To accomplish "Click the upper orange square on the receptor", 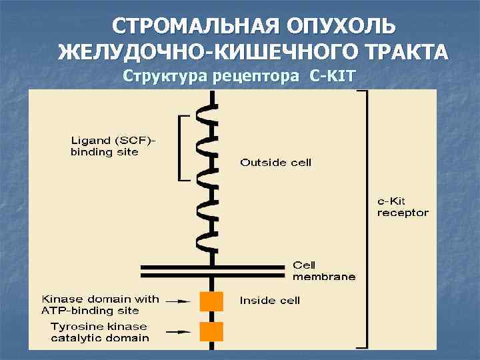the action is pyautogui.click(x=211, y=301).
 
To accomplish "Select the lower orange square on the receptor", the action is pyautogui.click(x=211, y=331).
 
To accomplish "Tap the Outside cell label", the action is pyautogui.click(x=275, y=162).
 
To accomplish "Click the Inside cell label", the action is pyautogui.click(x=270, y=301).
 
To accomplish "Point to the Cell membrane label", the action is pyautogui.click(x=324, y=271).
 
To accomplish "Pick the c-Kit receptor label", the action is pyautogui.click(x=403, y=207).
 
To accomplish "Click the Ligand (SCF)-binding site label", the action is pyautogui.click(x=113, y=146).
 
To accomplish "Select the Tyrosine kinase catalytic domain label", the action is pyautogui.click(x=100, y=332).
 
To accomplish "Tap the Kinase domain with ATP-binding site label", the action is pyautogui.click(x=101, y=304).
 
